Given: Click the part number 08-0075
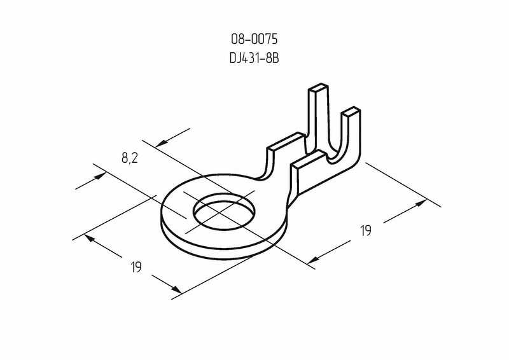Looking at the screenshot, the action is [x=254, y=39].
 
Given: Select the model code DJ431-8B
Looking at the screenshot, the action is [x=254, y=58].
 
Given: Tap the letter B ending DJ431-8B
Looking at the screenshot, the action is [x=275, y=58].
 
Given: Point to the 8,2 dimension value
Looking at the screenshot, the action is [x=130, y=158].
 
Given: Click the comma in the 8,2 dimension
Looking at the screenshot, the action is [x=130, y=162].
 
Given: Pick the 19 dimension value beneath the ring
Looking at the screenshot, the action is [x=136, y=267].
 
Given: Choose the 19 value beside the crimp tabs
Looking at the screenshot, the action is [x=365, y=230].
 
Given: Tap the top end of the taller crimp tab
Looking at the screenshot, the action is [x=319, y=88].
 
